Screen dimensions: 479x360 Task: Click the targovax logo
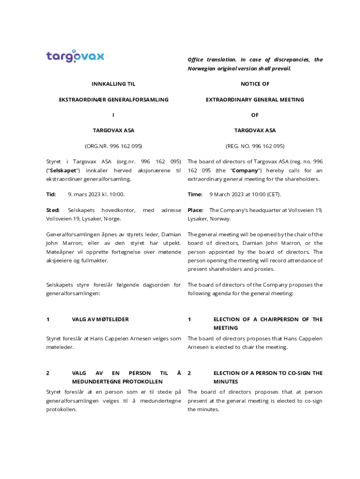[x=75, y=57]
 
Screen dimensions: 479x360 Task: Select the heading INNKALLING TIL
[x=113, y=84]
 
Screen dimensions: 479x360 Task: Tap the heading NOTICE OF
[x=255, y=84]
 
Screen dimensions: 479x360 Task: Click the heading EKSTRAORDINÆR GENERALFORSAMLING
[x=113, y=100]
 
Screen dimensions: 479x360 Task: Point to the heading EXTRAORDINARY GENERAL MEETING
[x=255, y=100]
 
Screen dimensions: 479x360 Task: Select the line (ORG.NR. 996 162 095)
[x=113, y=146]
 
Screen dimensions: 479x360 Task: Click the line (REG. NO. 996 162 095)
[x=255, y=146]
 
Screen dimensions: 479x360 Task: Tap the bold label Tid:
[x=51, y=194]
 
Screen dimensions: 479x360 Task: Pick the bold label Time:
[x=195, y=194]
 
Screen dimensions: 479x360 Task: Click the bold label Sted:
[x=53, y=210]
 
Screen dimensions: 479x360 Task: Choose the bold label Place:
[x=195, y=210]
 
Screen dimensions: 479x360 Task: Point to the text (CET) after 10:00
[x=273, y=194]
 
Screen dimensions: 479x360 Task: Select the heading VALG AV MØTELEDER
[x=100, y=319]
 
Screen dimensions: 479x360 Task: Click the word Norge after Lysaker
[x=112, y=219]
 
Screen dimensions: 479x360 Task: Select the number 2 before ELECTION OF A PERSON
[x=189, y=373]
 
